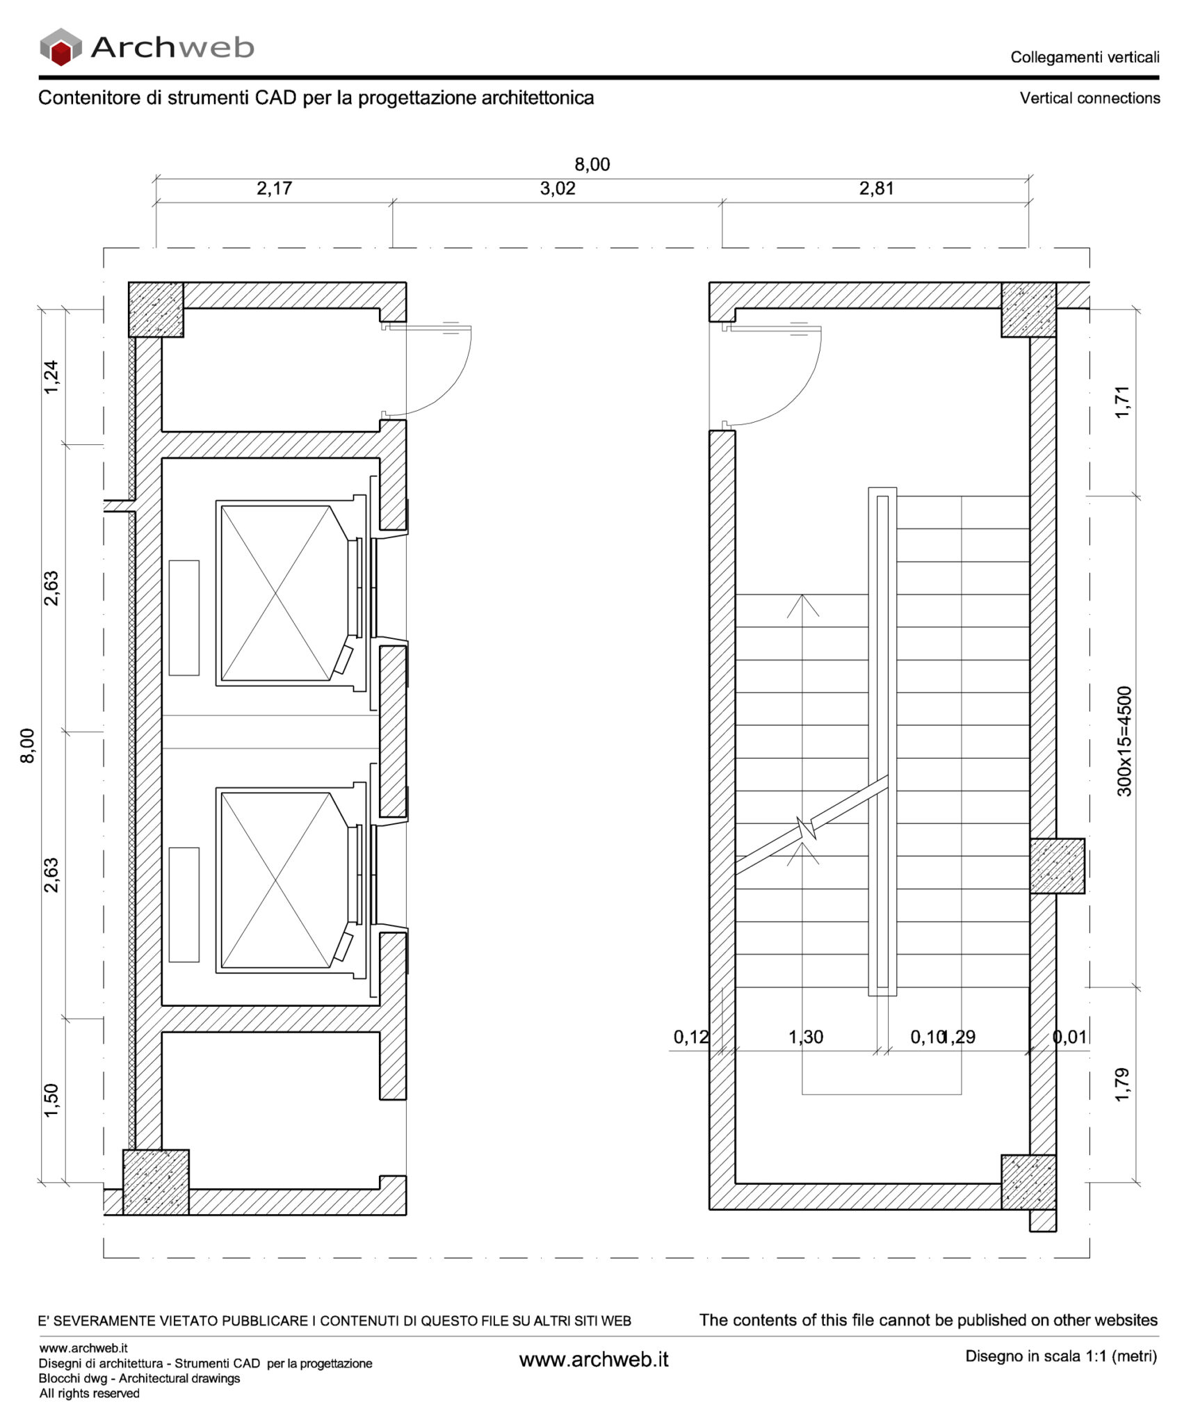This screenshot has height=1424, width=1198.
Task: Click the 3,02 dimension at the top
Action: (558, 188)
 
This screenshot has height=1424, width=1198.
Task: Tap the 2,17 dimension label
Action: (274, 188)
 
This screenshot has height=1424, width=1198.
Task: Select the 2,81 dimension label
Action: (876, 188)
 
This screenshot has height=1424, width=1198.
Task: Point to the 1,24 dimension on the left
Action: (51, 377)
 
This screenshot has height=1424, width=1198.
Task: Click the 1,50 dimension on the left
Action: (51, 1101)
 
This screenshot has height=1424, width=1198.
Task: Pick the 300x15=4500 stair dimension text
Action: (1124, 741)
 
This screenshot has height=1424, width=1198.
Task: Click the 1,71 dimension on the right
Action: (1122, 402)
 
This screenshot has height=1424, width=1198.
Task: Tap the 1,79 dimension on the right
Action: (1122, 1085)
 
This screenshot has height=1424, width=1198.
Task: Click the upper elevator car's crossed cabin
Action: (276, 593)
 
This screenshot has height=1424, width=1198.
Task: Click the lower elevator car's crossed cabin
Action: (276, 880)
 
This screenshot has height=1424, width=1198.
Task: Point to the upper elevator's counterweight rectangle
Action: (184, 617)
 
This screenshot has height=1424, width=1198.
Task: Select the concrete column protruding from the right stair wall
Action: (1056, 866)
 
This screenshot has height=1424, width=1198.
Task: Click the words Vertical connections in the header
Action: (1089, 99)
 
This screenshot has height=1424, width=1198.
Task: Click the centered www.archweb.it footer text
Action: (594, 1359)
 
